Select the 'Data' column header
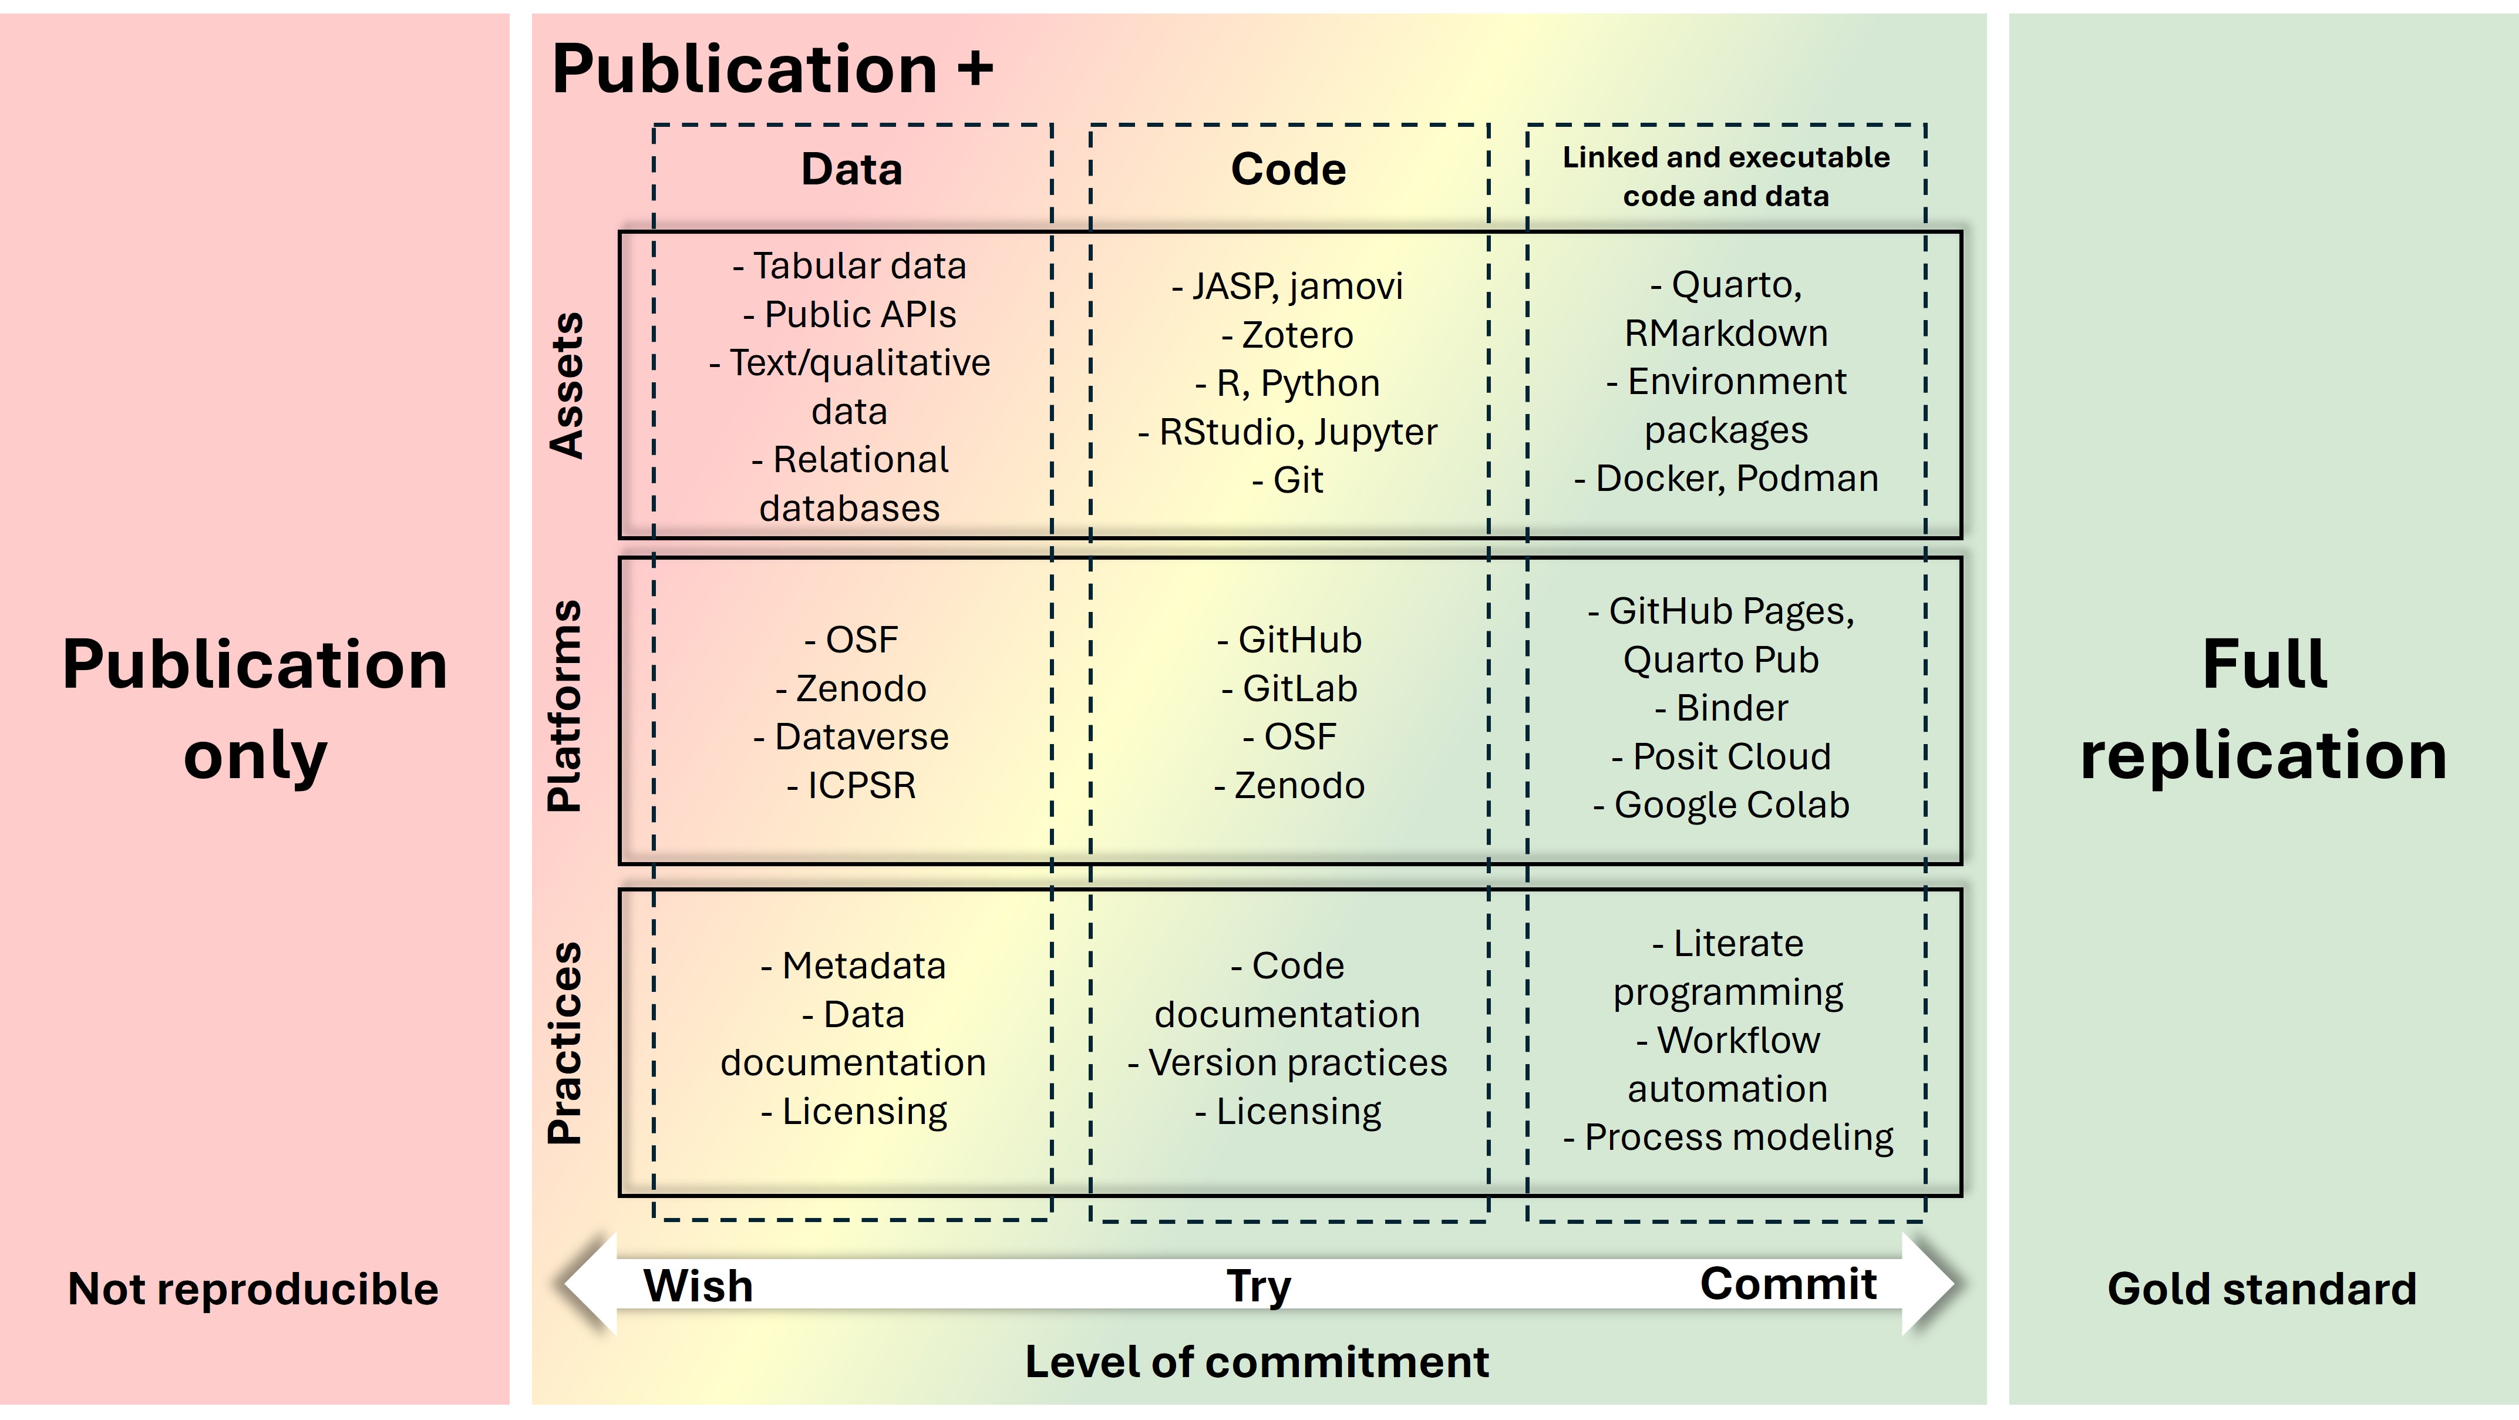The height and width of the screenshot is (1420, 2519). click(x=851, y=169)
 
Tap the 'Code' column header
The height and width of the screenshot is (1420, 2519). click(x=1288, y=169)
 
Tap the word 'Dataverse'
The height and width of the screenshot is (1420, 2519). click(x=861, y=736)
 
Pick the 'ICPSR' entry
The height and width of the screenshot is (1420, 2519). click(x=861, y=785)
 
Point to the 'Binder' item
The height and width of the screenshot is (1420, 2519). click(x=1731, y=708)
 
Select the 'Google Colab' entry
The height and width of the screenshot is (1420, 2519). click(x=1731, y=805)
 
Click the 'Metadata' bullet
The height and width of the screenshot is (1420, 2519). click(x=863, y=966)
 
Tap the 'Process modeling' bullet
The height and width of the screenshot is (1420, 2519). click(x=1737, y=1138)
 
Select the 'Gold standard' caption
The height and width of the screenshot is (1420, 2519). click(x=2261, y=1289)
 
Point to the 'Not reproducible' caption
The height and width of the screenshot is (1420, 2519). click(x=253, y=1289)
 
